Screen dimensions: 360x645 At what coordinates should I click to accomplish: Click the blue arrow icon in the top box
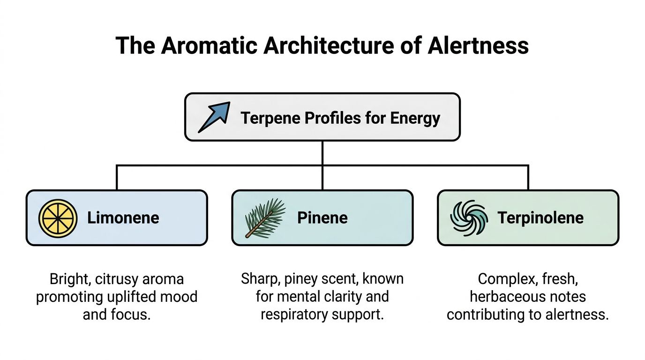pyautogui.click(x=214, y=117)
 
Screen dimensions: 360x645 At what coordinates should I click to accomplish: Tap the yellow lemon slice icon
pyautogui.click(x=58, y=218)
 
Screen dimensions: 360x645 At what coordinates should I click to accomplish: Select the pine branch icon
pyautogui.click(x=265, y=217)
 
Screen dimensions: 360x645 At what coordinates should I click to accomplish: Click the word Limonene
pyautogui.click(x=123, y=218)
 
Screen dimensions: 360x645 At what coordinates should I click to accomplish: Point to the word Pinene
pyautogui.click(x=322, y=218)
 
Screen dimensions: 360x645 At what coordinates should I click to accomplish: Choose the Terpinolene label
pyautogui.click(x=540, y=218)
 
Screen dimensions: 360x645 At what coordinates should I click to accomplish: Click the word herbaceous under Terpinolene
pyautogui.click(x=528, y=297)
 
